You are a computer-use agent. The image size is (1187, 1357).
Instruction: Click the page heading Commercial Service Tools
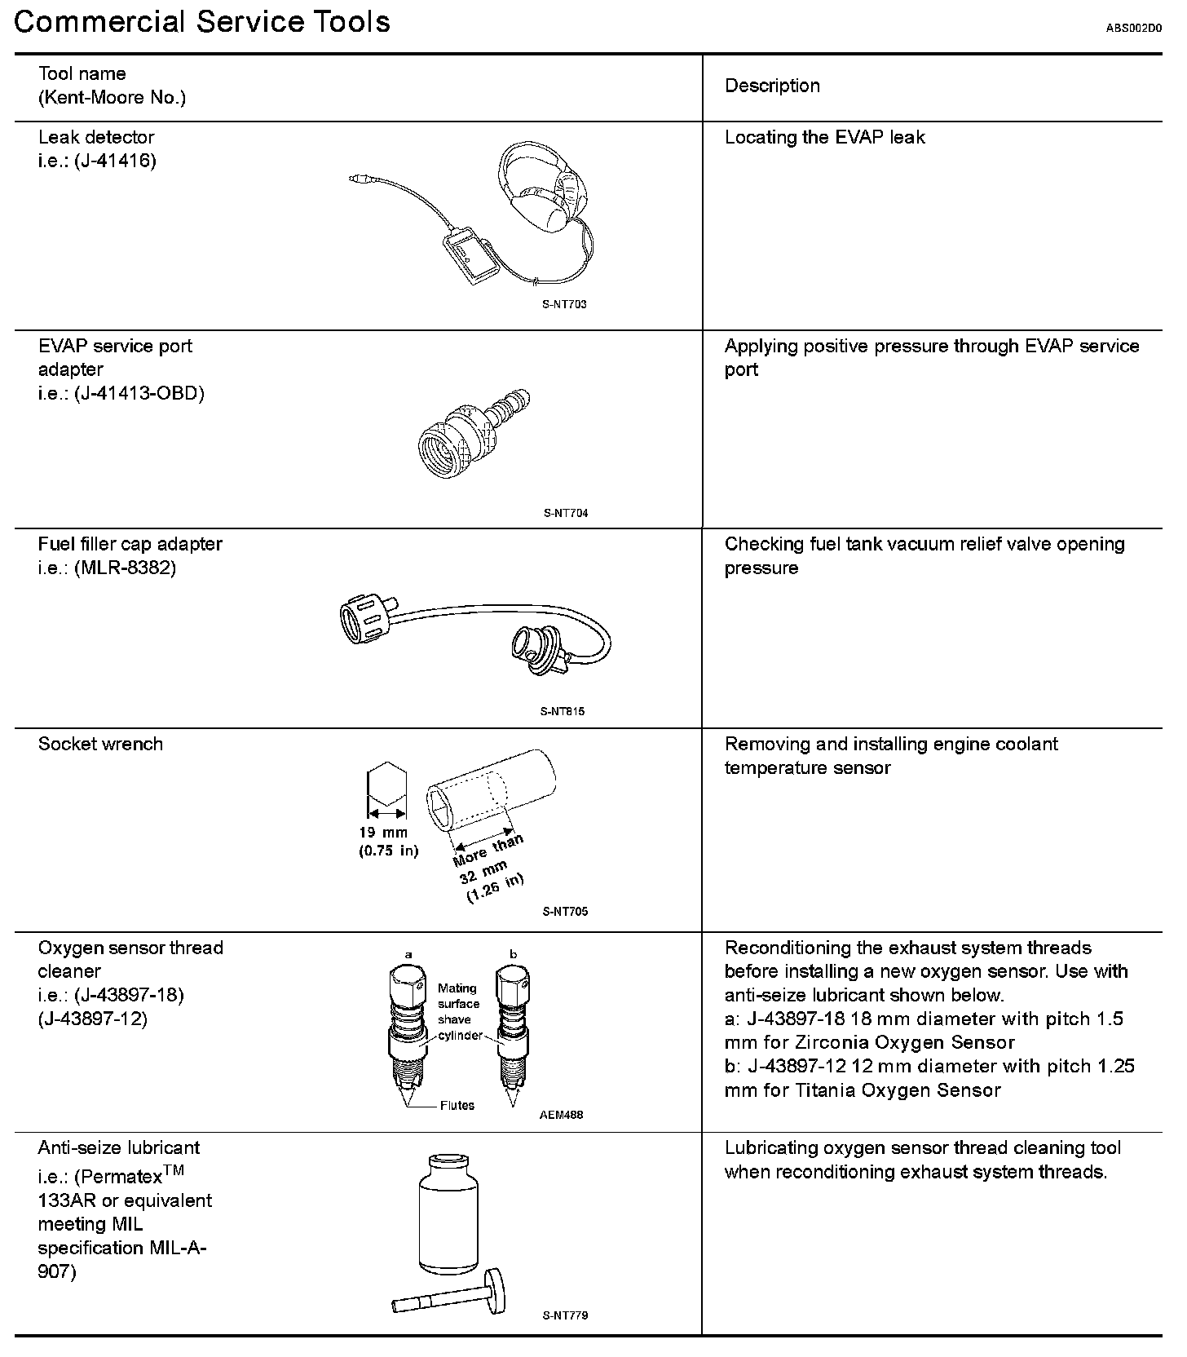(x=202, y=22)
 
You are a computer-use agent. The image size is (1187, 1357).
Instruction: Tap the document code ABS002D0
(x=1133, y=28)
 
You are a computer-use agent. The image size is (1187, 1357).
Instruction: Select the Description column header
(x=772, y=86)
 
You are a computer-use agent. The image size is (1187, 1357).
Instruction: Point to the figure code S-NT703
(x=564, y=304)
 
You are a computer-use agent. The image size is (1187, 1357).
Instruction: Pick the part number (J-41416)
(x=114, y=161)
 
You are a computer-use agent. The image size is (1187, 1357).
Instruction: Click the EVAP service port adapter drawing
(x=471, y=434)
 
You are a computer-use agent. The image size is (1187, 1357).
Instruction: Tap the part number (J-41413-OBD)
(x=139, y=393)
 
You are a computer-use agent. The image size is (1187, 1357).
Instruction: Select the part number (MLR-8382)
(x=125, y=568)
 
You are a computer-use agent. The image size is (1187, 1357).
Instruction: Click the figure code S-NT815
(x=563, y=711)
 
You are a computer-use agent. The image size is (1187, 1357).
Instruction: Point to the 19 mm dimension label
(x=383, y=833)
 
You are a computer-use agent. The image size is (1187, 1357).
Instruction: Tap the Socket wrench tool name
(x=100, y=744)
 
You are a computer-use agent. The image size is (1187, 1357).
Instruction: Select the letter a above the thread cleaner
(x=408, y=954)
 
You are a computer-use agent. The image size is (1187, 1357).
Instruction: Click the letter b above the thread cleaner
(x=513, y=954)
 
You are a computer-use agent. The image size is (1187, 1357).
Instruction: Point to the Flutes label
(x=457, y=1106)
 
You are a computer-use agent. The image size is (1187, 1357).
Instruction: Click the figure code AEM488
(x=561, y=1115)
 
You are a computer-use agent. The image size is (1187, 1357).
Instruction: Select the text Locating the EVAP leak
(x=824, y=137)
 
